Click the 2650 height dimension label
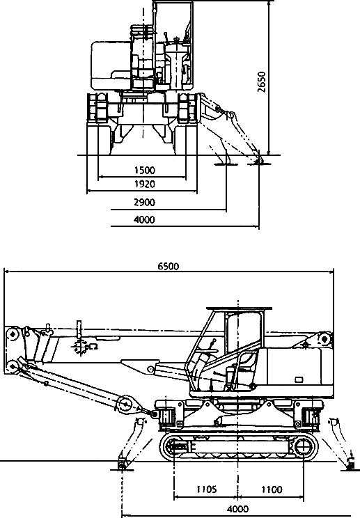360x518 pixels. (262, 82)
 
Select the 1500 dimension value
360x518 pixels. (145, 171)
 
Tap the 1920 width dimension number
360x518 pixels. (145, 184)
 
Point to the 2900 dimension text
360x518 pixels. (144, 202)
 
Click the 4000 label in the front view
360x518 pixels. (144, 219)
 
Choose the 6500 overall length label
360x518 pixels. (168, 266)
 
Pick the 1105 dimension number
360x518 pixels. (206, 489)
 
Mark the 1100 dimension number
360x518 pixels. (272, 489)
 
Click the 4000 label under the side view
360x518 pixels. (238, 509)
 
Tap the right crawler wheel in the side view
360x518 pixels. (302, 448)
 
